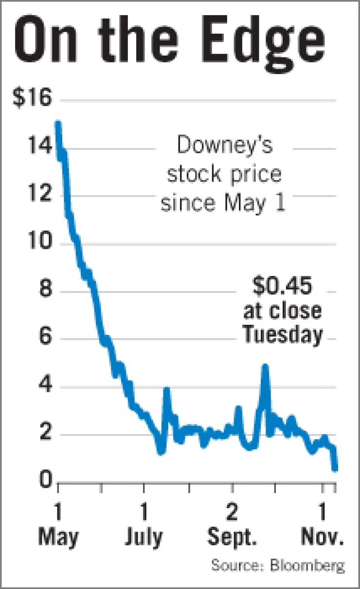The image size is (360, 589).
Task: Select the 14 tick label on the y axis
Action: pyautogui.click(x=38, y=147)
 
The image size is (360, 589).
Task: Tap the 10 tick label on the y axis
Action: pyautogui.click(x=38, y=243)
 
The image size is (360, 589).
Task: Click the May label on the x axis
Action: pyautogui.click(x=58, y=537)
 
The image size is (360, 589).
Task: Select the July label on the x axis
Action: pyautogui.click(x=144, y=537)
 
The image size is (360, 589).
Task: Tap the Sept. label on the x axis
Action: pyautogui.click(x=232, y=537)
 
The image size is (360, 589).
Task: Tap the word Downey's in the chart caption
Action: pyautogui.click(x=224, y=146)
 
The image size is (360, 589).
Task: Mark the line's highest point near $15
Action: pyautogui.click(x=58, y=124)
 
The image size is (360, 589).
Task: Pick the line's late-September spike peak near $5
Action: pyautogui.click(x=265, y=366)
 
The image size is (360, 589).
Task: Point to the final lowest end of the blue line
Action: pyautogui.click(x=335, y=468)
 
